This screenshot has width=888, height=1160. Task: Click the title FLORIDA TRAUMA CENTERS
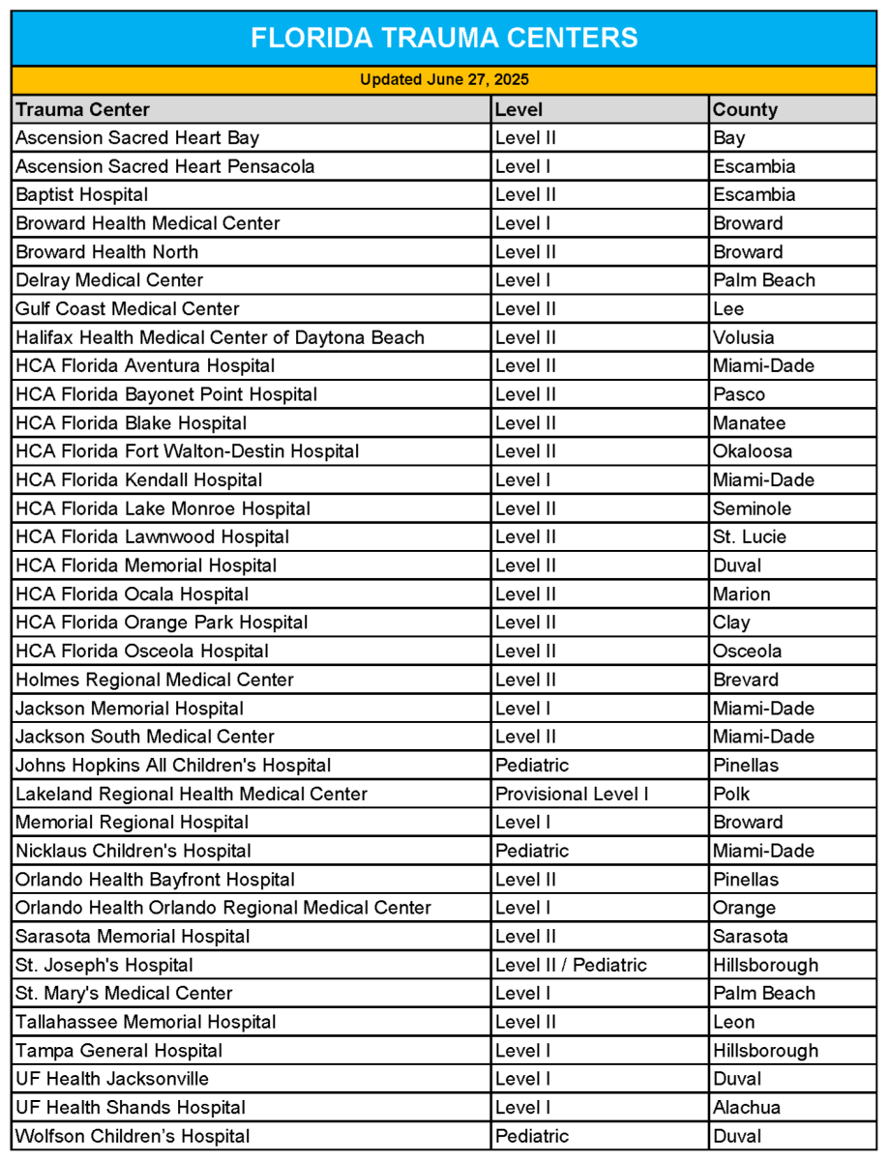(444, 39)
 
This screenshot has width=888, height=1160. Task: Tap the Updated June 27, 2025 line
(444, 80)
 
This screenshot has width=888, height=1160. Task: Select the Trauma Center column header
(83, 109)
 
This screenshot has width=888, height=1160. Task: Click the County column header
(746, 109)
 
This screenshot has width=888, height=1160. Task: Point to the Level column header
(519, 109)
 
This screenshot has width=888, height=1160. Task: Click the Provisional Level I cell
(572, 794)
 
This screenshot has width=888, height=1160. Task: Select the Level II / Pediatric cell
(571, 965)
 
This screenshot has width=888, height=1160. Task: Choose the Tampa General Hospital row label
(119, 1050)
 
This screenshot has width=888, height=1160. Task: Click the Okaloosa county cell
(753, 451)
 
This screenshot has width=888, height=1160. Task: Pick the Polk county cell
(731, 794)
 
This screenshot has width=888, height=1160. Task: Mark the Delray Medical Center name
(109, 280)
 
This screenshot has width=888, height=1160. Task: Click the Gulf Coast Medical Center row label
(128, 308)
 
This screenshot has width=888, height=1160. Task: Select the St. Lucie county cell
(750, 536)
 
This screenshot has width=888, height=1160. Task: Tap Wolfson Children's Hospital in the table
(133, 1136)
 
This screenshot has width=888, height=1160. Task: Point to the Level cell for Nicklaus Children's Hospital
(532, 851)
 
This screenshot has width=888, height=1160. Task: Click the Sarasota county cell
(751, 936)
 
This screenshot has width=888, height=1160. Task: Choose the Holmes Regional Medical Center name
(155, 680)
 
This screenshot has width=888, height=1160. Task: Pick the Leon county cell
(734, 1022)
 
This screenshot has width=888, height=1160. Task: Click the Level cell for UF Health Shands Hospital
(522, 1107)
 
